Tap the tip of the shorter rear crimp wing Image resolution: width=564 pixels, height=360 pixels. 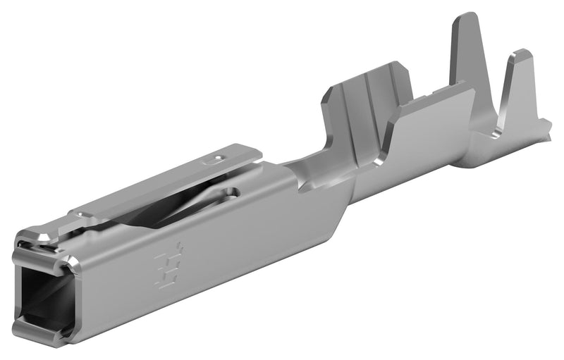point(522,55)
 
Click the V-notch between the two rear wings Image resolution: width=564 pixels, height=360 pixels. point(497,120)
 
